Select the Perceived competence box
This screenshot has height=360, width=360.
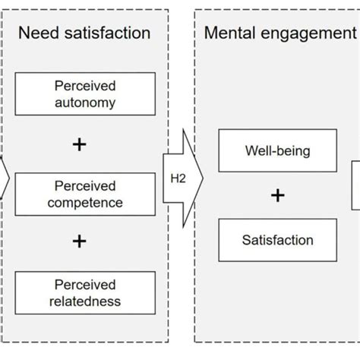click(x=84, y=194)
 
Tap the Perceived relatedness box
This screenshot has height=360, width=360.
click(x=84, y=293)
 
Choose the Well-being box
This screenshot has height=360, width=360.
click(x=277, y=150)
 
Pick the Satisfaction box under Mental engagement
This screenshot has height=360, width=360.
click(x=277, y=241)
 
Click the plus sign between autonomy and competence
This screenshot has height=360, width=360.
click(x=79, y=144)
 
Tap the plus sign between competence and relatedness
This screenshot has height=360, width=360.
click(x=79, y=242)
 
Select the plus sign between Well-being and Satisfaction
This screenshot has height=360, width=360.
click(x=278, y=196)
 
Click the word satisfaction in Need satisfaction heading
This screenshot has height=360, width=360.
click(x=107, y=33)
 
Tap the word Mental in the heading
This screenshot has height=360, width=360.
click(x=232, y=33)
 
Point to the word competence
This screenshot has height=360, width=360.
click(x=84, y=203)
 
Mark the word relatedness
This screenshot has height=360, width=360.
click(x=84, y=302)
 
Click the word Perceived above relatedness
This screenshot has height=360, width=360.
click(x=84, y=285)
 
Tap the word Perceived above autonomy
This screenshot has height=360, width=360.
click(x=84, y=87)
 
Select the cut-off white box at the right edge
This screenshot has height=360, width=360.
click(x=355, y=185)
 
